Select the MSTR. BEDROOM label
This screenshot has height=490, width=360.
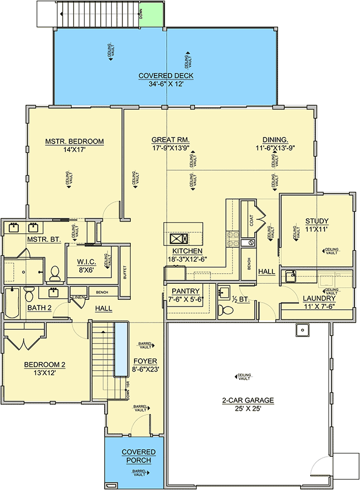pos(74,141)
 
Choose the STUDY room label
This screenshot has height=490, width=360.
pos(317,220)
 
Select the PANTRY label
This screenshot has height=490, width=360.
pos(186,291)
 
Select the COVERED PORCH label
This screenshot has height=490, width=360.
pos(138,456)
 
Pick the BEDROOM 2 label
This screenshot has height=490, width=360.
pos(44,365)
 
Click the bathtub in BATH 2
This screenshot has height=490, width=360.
pos(13,303)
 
